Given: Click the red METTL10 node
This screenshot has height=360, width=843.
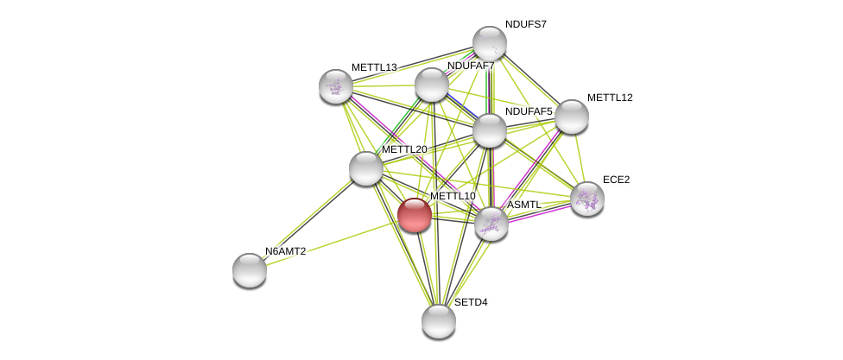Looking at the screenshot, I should (415, 215).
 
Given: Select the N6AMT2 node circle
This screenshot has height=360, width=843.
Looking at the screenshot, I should (250, 270).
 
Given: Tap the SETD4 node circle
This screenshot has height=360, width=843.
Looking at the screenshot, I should (439, 321).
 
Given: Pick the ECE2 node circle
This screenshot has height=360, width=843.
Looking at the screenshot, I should (587, 199).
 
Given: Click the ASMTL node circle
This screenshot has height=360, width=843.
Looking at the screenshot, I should (491, 224).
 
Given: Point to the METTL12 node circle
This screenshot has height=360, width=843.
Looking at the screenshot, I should (572, 117).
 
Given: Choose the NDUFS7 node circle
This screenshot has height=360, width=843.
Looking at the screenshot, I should (490, 43).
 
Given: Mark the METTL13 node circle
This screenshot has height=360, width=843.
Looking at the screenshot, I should (336, 86).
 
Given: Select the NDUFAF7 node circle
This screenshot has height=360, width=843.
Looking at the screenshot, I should (432, 85).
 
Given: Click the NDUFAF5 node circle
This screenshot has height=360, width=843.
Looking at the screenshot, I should (490, 130).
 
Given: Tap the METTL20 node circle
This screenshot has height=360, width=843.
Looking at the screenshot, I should (366, 168).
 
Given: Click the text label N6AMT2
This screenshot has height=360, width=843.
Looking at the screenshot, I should (285, 251).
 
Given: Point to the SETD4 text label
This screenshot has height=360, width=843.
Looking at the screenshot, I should (471, 302).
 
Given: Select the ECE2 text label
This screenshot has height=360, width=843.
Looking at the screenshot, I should (616, 180).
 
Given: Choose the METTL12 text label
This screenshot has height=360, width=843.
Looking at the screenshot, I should (610, 98).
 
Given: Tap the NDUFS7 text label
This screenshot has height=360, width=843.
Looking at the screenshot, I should (525, 24).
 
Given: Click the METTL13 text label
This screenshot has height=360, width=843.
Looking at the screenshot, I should (374, 67).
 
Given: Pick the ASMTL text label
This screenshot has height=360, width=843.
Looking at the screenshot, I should (524, 205).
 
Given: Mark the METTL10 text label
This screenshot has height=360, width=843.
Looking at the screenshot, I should (453, 196).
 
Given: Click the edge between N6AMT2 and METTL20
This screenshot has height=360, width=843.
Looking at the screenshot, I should (308, 219).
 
